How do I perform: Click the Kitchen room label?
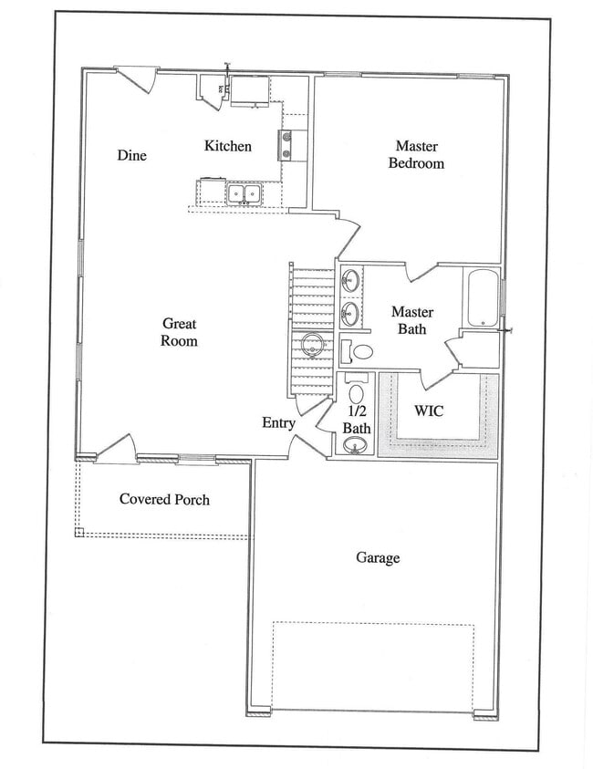pyautogui.click(x=227, y=146)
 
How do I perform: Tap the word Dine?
pyautogui.click(x=131, y=155)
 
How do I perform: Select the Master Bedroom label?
pyautogui.click(x=416, y=154)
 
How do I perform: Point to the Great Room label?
pyautogui.click(x=179, y=332)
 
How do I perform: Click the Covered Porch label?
pyautogui.click(x=164, y=499)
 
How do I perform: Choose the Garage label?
pyautogui.click(x=377, y=557)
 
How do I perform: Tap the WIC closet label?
pyautogui.click(x=429, y=410)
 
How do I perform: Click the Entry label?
pyautogui.click(x=278, y=422)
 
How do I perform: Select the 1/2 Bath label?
pyautogui.click(x=357, y=419)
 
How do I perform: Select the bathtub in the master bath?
pyautogui.click(x=481, y=298)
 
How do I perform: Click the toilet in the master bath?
pyautogui.click(x=359, y=351)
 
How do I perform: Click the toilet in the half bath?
pyautogui.click(x=356, y=393)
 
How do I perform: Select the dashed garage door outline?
pyautogui.click(x=373, y=665)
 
